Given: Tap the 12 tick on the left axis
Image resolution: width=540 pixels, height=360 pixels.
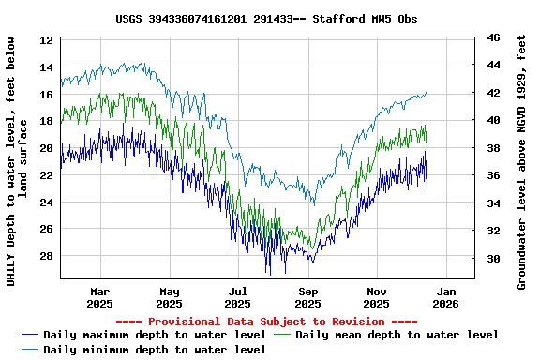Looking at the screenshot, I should click(x=47, y=40).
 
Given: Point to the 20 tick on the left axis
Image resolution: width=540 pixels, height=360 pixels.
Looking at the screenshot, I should click(x=47, y=148).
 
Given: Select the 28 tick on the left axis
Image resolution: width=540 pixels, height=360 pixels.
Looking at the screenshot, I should click(x=47, y=256).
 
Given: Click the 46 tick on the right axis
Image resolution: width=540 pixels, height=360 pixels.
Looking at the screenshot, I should click(x=493, y=37).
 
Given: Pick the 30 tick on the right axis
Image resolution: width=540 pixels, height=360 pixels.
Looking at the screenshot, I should click(x=493, y=258).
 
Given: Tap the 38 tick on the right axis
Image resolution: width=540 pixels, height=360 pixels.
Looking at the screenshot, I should click(x=493, y=148).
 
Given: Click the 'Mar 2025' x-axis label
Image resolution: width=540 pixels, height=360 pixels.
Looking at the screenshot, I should click(x=99, y=297).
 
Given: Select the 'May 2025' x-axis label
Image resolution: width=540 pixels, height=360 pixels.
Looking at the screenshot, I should click(x=169, y=297).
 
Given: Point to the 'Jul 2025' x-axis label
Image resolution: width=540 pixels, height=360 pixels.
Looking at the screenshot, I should click(x=238, y=297).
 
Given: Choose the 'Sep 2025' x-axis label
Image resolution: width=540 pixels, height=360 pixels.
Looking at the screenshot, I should click(x=307, y=297).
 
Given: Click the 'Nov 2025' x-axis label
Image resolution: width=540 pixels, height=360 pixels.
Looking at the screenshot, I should click(x=376, y=297).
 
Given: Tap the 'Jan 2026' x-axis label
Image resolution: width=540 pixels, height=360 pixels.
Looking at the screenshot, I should click(x=445, y=297).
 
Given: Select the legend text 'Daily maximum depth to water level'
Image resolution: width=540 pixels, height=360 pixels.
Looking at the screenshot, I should click(x=155, y=335).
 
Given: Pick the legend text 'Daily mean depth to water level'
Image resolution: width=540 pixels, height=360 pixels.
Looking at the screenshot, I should click(x=397, y=335).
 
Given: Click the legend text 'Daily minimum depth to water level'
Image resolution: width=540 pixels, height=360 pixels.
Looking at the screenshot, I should click(x=155, y=350).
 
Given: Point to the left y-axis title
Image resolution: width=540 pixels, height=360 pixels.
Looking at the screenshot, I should click(x=16, y=161).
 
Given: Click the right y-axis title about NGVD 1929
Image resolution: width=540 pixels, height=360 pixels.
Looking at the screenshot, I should click(x=522, y=161).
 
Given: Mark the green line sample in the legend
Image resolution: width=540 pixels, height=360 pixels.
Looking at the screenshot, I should click(x=283, y=335).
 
